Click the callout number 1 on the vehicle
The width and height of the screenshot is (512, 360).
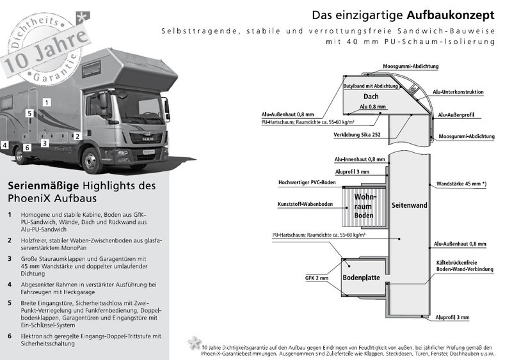[47, 102]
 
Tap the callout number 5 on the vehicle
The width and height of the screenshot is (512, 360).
[29, 113]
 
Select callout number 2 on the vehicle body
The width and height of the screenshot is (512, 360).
[77, 136]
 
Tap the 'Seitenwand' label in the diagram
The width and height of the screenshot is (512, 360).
[410, 206]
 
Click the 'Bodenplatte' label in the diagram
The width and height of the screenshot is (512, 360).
[362, 279]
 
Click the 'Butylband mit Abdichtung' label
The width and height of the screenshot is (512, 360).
[372, 85]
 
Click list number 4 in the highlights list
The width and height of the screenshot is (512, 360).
[10, 284]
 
